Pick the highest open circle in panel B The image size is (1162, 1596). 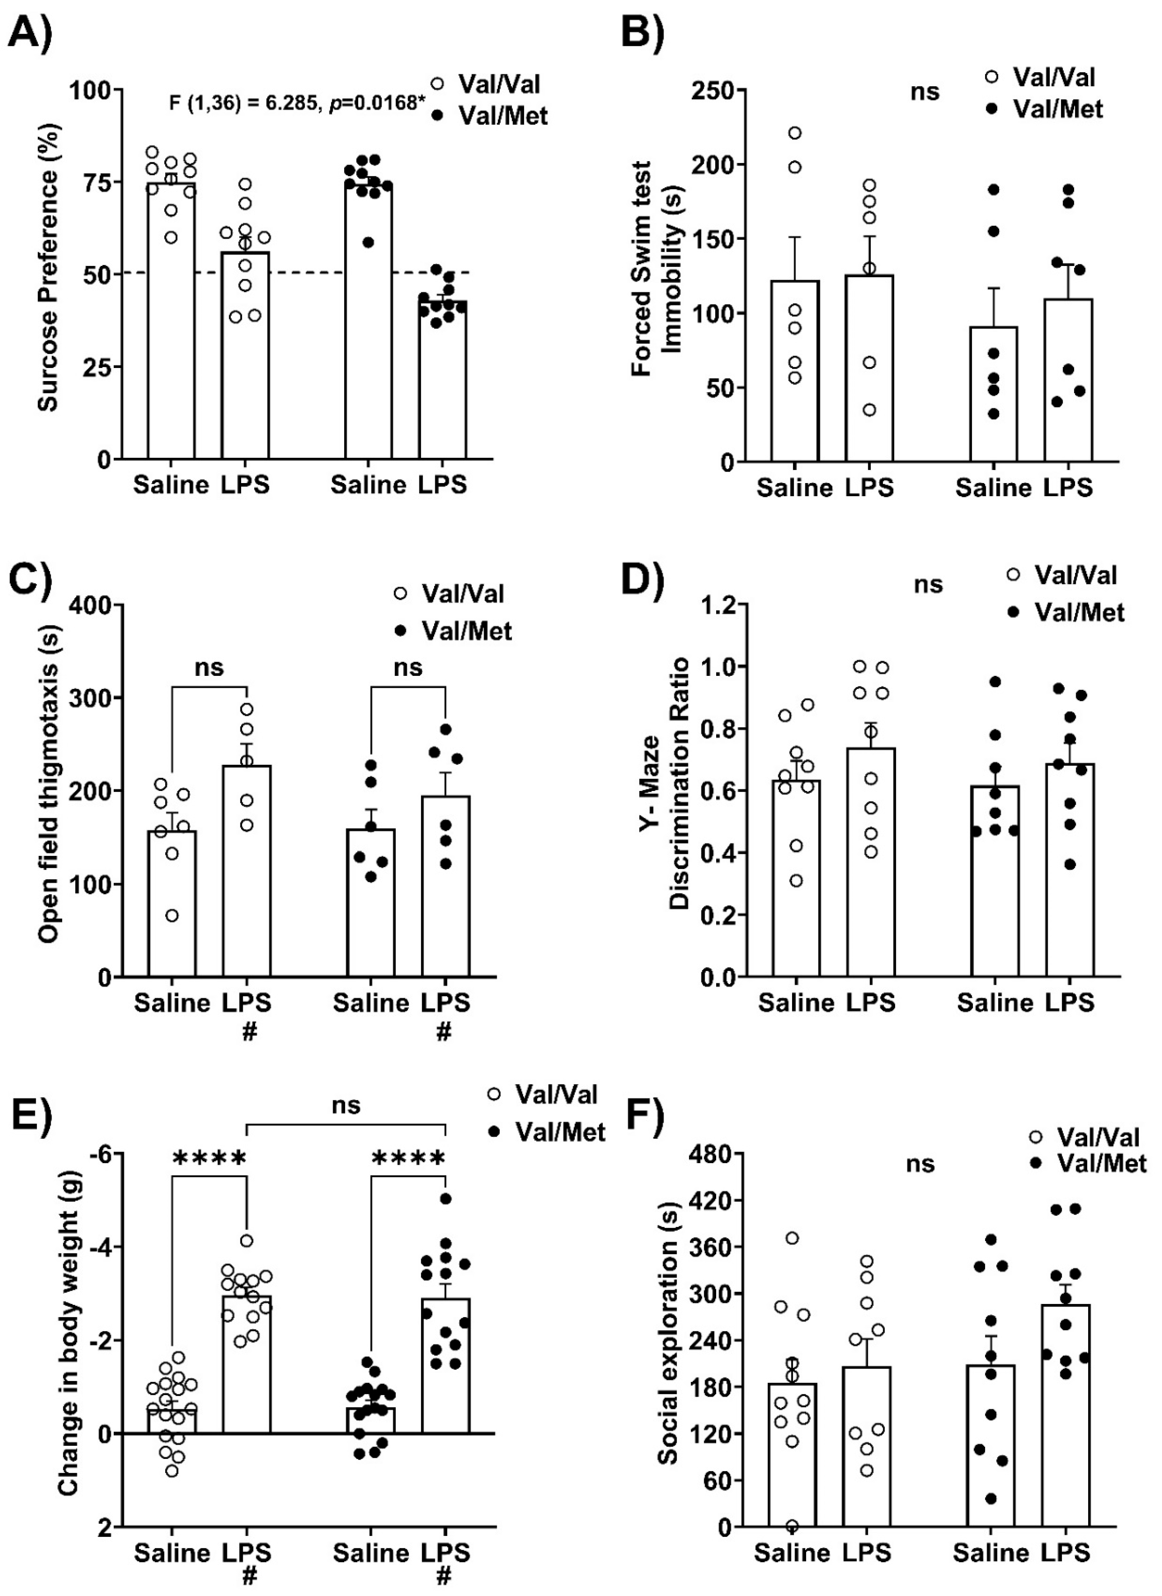795,133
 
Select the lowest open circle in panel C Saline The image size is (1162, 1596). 171,916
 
